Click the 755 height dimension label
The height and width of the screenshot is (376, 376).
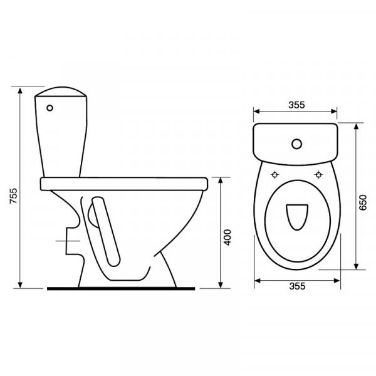tap(13, 196)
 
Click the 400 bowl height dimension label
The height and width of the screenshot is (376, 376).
tap(227, 238)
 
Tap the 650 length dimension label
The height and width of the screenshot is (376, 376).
tap(363, 202)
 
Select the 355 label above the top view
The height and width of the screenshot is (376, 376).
tap(296, 105)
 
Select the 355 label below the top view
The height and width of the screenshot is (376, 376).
tap(297, 286)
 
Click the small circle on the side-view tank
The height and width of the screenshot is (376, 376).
tap(50, 108)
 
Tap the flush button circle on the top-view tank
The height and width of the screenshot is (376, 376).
tap(297, 144)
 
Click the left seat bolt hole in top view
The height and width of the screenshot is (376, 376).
tap(275, 175)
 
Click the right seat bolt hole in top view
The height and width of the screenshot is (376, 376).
tap(318, 175)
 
